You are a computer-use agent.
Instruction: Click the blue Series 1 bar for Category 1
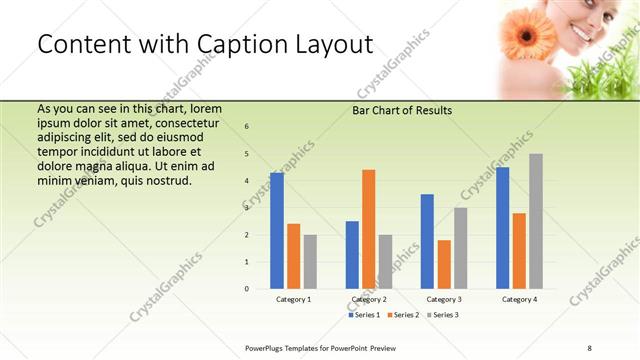click(276, 231)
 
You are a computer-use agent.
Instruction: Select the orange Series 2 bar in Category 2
click(368, 229)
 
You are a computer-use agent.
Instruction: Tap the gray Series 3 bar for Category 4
click(536, 221)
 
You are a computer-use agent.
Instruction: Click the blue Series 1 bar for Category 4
click(502, 228)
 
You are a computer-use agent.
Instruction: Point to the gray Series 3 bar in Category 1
click(310, 262)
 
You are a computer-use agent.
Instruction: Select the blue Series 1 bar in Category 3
click(427, 241)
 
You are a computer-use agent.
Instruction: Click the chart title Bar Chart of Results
click(403, 111)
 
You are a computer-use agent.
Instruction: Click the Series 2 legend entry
click(403, 315)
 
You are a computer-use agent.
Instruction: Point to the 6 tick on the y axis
click(247, 127)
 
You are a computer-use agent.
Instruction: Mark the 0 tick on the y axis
click(247, 289)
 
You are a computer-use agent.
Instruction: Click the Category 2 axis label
click(369, 299)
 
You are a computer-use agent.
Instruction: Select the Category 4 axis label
click(519, 299)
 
